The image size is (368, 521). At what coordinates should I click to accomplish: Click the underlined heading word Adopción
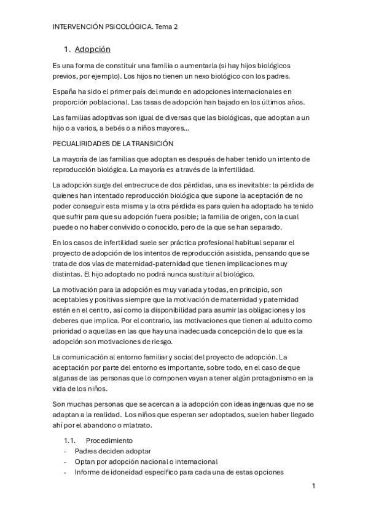click(x=92, y=49)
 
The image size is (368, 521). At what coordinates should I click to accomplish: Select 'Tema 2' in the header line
click(x=165, y=27)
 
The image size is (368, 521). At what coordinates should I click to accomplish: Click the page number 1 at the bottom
click(x=313, y=486)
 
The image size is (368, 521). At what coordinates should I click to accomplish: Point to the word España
click(x=66, y=91)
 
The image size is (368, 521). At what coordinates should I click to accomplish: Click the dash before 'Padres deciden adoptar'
click(x=66, y=451)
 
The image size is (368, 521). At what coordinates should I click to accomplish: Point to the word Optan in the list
click(x=85, y=461)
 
